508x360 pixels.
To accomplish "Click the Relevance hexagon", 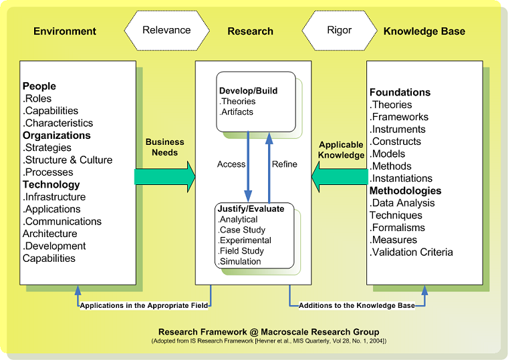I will point(166,30).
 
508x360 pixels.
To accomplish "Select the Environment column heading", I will point(65,31).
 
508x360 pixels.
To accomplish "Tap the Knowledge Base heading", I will point(424,31).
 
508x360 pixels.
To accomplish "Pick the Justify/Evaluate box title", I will point(251,209).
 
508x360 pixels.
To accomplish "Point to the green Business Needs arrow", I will point(164,176).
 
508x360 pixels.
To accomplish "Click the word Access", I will point(231,164).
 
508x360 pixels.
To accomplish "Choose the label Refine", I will point(285,164).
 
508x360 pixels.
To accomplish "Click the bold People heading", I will point(39,86).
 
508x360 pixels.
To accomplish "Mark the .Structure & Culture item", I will point(68,160).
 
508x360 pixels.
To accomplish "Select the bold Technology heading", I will point(51,185).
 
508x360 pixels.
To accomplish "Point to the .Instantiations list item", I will point(401,178).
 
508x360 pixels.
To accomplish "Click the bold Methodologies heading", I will point(406,191).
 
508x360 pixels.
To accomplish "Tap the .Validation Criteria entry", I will point(411,252).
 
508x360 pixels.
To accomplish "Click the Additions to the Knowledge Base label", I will point(356,305).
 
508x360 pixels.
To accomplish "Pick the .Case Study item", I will point(241,230).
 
